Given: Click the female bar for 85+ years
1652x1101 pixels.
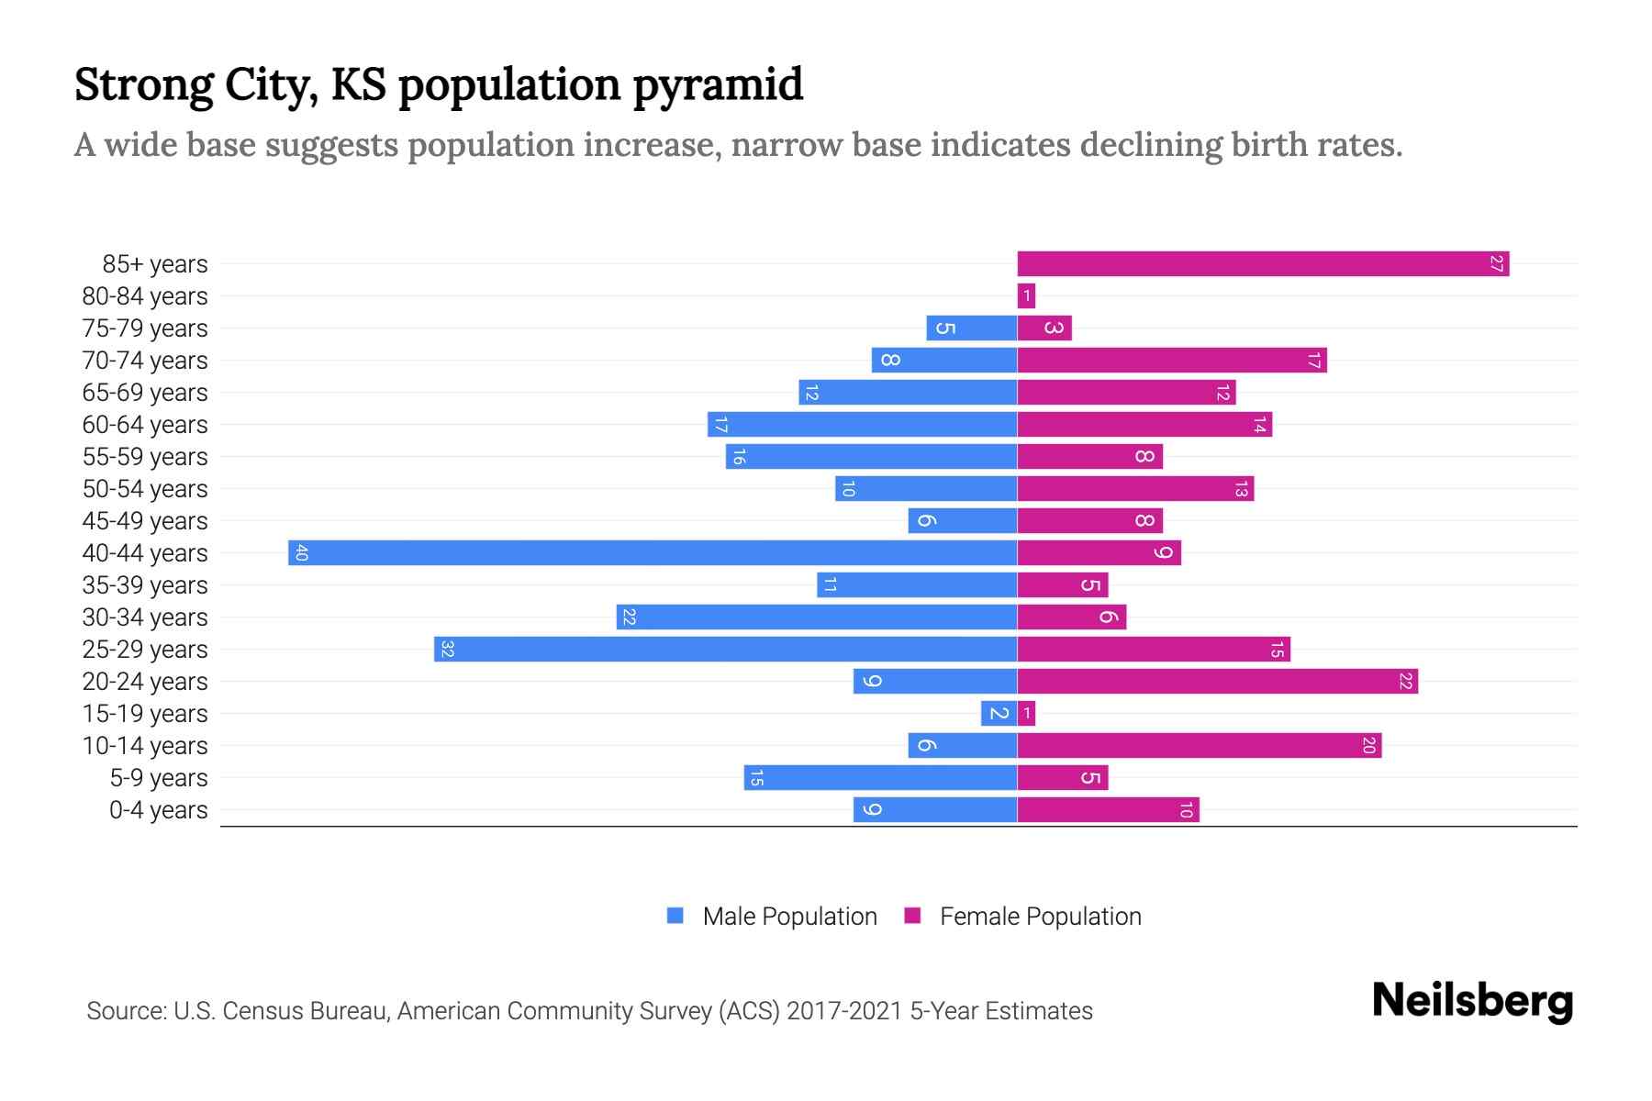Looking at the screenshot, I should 1263,264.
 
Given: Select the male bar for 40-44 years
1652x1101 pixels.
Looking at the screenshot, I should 653,553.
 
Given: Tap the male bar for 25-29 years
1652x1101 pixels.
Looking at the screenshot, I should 725,650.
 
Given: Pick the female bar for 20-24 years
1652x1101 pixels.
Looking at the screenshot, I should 1217,682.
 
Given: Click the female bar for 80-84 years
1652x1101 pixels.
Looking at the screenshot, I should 1026,296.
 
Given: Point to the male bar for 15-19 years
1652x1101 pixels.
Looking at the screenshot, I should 999,714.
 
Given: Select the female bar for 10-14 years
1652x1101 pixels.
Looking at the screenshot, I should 1199,746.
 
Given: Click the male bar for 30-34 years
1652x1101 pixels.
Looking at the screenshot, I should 817,617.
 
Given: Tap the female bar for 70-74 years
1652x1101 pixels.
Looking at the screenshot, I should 1172,361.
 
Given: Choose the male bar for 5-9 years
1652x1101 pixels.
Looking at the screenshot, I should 880,778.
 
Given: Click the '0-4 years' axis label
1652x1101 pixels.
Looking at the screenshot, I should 158,810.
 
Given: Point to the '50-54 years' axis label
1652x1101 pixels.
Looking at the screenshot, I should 145,489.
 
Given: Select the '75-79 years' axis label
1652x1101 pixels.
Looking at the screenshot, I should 145,328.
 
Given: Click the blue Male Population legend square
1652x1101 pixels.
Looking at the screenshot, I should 675,916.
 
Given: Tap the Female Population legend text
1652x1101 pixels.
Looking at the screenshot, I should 1040,917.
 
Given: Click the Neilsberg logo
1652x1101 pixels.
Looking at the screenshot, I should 1472,1001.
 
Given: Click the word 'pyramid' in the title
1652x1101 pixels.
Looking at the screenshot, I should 718,85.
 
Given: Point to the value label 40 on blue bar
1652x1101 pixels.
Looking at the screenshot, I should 301,553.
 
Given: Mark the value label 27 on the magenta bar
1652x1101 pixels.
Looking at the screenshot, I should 1496,264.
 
